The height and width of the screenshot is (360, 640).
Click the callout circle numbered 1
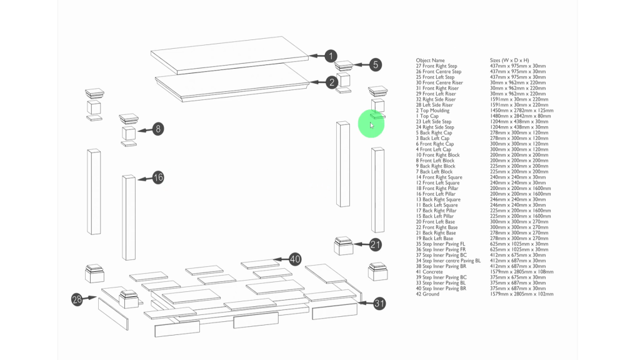(331, 56)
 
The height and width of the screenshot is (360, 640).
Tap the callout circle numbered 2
(331, 82)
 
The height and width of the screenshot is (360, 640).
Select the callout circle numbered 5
(375, 64)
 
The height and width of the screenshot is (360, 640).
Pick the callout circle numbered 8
(158, 129)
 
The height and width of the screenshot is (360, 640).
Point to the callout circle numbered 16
(158, 177)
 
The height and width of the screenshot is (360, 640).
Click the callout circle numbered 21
(375, 244)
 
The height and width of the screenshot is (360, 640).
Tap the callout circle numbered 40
(294, 259)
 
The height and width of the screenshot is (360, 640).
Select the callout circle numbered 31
(379, 304)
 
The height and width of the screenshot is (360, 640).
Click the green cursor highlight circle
(371, 124)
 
